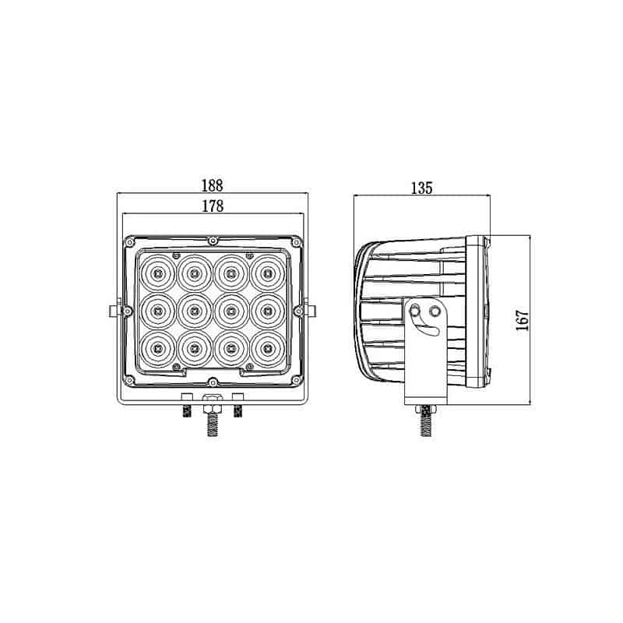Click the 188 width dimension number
tap(212, 185)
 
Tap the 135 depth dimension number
tap(421, 188)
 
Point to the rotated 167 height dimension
tap(523, 319)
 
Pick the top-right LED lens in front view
tap(267, 273)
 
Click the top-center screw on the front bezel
tap(213, 240)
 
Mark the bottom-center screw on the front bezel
tap(213, 381)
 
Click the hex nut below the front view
tap(212, 405)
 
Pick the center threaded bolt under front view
tap(212, 425)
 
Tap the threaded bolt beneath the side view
tap(426, 424)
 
